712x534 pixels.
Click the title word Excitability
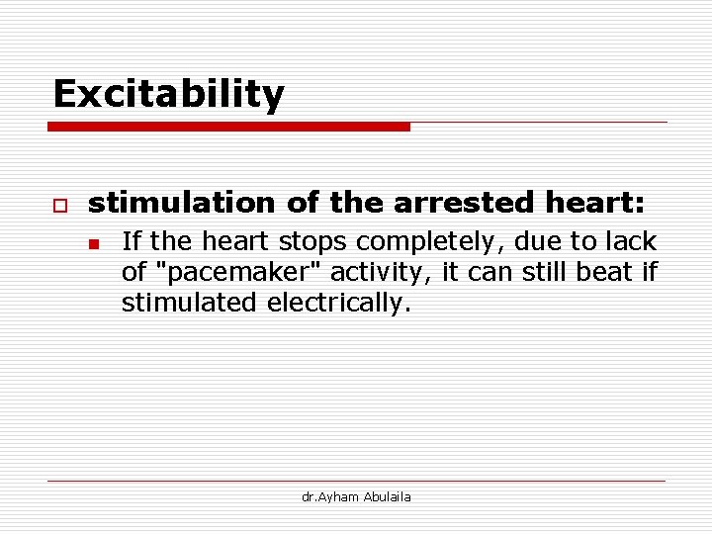tap(168, 95)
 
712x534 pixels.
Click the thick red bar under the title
tap(228, 127)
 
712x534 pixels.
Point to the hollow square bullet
tap(59, 205)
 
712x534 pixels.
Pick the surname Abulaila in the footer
tap(385, 496)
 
